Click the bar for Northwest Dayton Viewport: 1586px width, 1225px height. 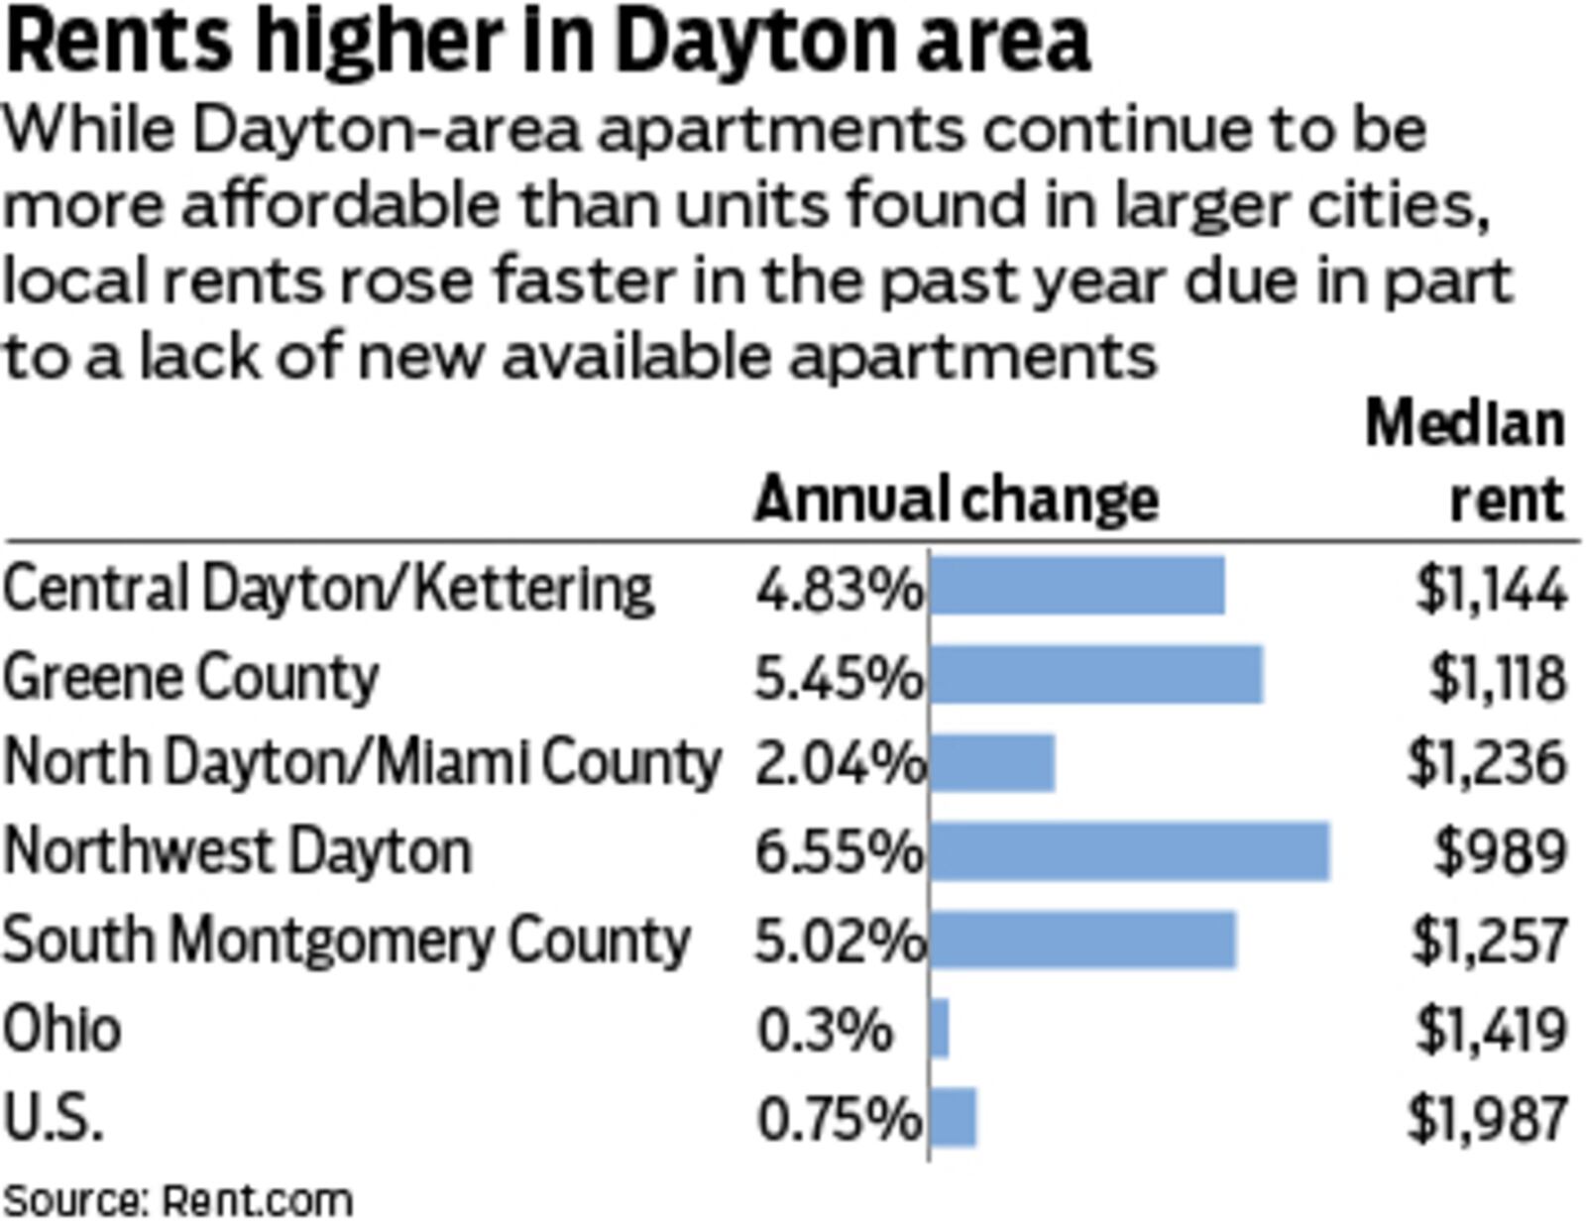1130,851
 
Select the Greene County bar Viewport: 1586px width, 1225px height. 1096,676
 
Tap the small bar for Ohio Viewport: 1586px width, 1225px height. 940,1029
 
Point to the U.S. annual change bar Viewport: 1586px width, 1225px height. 954,1117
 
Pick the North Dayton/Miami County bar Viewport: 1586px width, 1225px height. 992,763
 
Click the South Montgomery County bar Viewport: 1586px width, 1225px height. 1083,940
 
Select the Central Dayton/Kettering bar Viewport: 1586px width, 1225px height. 1077,587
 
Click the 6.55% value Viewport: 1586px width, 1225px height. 839,852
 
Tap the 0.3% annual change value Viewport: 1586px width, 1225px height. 825,1030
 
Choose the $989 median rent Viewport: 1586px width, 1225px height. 1500,852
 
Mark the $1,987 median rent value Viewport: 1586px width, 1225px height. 1487,1118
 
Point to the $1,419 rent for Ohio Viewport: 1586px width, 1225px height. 1490,1030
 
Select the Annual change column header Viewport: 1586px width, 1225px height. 956,499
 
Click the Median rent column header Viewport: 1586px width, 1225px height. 1465,462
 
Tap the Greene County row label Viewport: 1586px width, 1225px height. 190,678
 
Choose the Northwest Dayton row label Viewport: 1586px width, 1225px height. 237,852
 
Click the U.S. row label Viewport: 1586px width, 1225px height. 53,1118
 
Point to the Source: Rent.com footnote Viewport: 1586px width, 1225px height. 178,1200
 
